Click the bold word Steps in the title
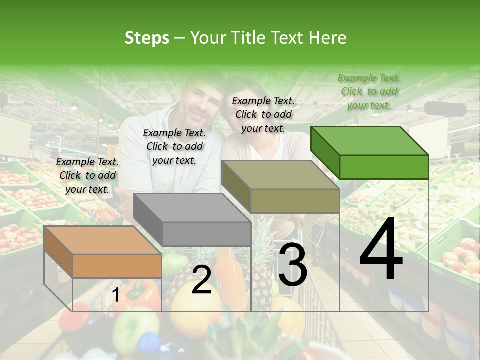(x=147, y=38)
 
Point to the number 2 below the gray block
(x=201, y=280)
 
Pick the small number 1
(x=115, y=295)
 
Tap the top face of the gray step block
(x=192, y=207)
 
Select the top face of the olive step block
(x=280, y=175)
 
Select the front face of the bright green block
(x=384, y=167)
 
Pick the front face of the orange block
(x=117, y=266)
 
